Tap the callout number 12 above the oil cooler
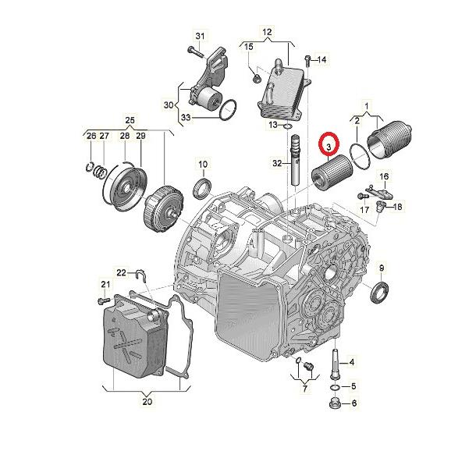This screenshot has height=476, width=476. [x=266, y=32]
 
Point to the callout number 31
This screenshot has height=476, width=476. [x=199, y=37]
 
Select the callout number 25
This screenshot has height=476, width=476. [x=130, y=120]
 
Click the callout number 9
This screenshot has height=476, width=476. [x=382, y=268]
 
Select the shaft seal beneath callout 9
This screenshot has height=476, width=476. [x=382, y=293]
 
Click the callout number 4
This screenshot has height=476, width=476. [x=352, y=362]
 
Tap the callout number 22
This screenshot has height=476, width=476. [x=121, y=272]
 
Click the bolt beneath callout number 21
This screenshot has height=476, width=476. [x=101, y=300]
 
